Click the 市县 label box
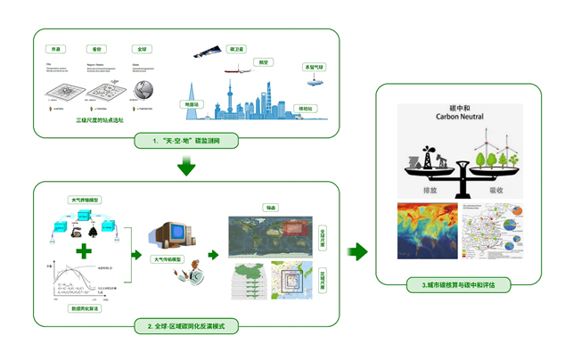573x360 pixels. coord(56,50)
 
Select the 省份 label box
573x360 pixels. coord(98,50)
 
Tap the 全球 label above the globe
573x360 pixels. coord(141,50)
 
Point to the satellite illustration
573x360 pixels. coord(206,53)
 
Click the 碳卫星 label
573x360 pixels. coord(236,50)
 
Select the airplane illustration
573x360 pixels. coord(240,72)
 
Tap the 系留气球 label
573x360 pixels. coord(315,67)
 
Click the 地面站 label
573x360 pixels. coord(192,104)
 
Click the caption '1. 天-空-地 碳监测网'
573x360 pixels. coord(186,141)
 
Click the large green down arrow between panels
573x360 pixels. coord(186,166)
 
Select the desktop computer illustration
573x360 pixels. coord(170,235)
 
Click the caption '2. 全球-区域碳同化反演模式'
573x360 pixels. coord(186,327)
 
